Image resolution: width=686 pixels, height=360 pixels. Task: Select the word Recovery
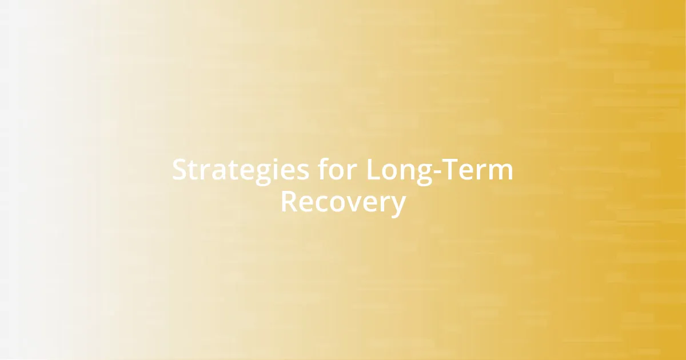[343, 202]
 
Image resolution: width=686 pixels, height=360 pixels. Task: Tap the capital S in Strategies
[180, 170]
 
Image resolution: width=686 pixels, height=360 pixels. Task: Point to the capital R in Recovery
[289, 202]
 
